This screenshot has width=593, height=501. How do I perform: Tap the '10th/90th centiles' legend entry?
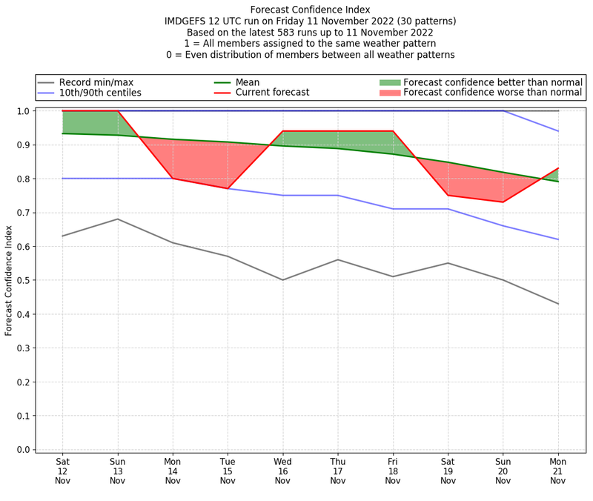[100, 93]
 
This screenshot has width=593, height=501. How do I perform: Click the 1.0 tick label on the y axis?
[24, 111]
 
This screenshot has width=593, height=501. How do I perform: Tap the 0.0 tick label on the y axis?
[24, 449]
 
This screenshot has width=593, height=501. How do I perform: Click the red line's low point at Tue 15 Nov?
[228, 188]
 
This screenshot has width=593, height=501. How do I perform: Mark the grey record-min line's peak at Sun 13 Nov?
[117, 219]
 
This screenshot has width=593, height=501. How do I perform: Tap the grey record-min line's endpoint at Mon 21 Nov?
[558, 304]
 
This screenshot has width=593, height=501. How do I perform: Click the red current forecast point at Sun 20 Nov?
[503, 202]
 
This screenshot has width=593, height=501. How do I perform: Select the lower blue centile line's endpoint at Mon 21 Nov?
[558, 239]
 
